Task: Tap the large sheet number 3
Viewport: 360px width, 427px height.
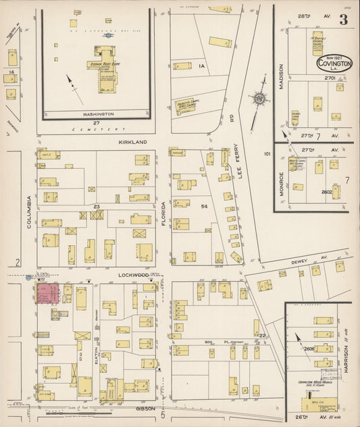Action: (x=343, y=20)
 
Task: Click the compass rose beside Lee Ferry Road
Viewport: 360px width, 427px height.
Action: (x=259, y=99)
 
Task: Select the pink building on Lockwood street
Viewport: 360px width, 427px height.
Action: (x=48, y=293)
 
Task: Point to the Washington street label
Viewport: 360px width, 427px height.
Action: (x=98, y=114)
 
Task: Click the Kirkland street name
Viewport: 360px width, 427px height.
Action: (x=132, y=143)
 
